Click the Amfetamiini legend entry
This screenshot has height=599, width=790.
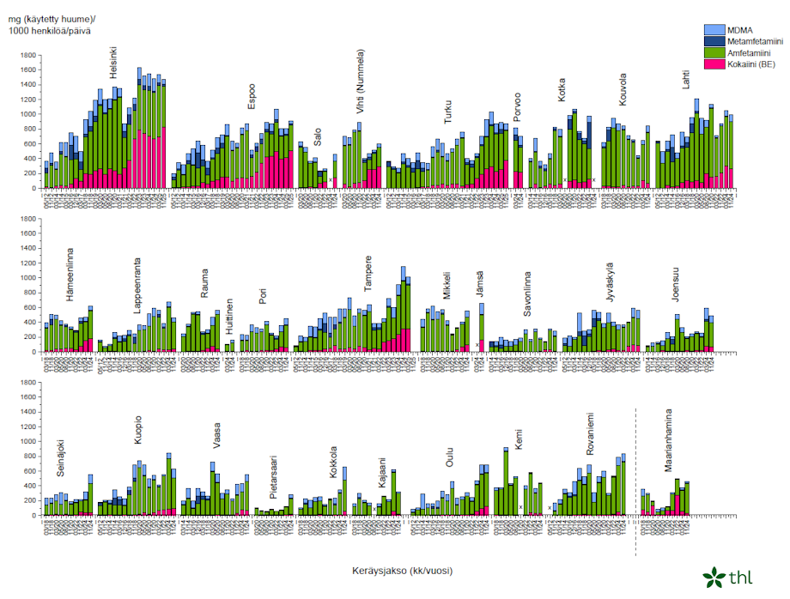[750, 52]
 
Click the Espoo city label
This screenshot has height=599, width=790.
[252, 96]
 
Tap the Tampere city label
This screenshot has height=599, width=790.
[368, 274]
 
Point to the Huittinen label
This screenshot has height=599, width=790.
[229, 317]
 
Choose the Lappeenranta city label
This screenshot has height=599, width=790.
[137, 284]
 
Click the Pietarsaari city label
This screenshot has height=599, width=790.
[273, 478]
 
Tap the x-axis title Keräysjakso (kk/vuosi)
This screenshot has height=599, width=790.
[402, 571]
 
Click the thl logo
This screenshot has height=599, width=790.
[726, 577]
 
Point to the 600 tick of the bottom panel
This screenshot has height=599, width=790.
[28, 471]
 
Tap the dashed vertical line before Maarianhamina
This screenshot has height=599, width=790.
[635, 463]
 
